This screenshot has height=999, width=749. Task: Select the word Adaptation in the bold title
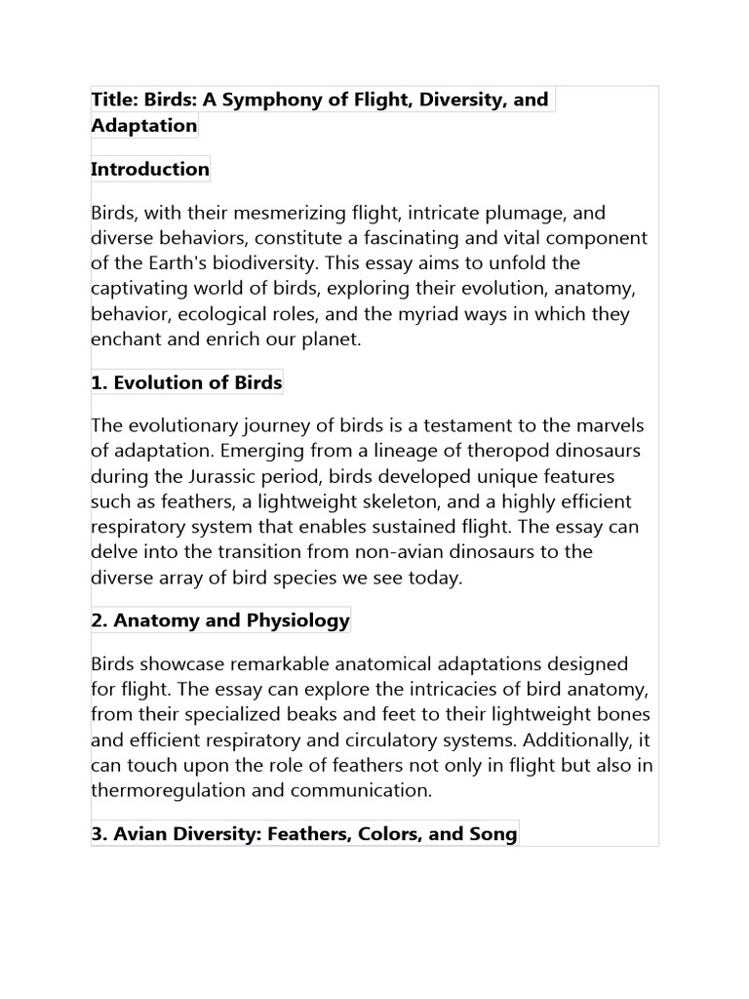pyautogui.click(x=143, y=126)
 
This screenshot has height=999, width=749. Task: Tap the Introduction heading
pyautogui.click(x=150, y=169)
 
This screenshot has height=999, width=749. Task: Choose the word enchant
pyautogui.click(x=129, y=340)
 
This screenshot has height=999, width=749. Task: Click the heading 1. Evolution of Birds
pyautogui.click(x=186, y=382)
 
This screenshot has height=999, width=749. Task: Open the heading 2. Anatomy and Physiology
pyautogui.click(x=220, y=620)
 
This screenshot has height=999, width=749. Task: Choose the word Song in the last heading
pyautogui.click(x=493, y=834)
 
